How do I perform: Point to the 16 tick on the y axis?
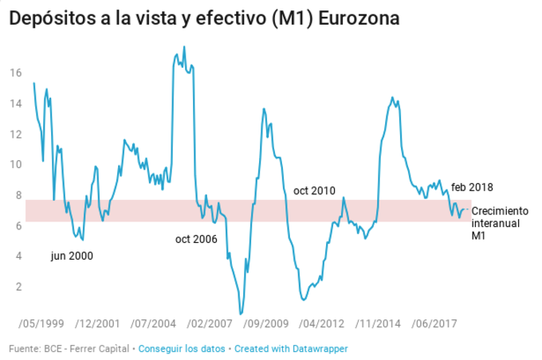click(x=14, y=72)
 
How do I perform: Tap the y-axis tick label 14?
click(x=14, y=104)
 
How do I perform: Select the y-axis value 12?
click(x=14, y=134)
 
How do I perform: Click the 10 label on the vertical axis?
click(x=14, y=165)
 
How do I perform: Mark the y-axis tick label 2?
click(x=17, y=287)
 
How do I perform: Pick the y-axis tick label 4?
click(x=17, y=256)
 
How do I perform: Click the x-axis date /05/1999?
click(x=37, y=324)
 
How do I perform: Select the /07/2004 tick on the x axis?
click(x=155, y=324)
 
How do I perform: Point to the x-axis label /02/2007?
click(x=214, y=324)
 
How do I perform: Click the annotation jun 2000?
click(x=72, y=256)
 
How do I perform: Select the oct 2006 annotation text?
click(x=196, y=238)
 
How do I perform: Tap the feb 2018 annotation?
click(x=472, y=187)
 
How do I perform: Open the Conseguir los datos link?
click(x=183, y=349)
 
